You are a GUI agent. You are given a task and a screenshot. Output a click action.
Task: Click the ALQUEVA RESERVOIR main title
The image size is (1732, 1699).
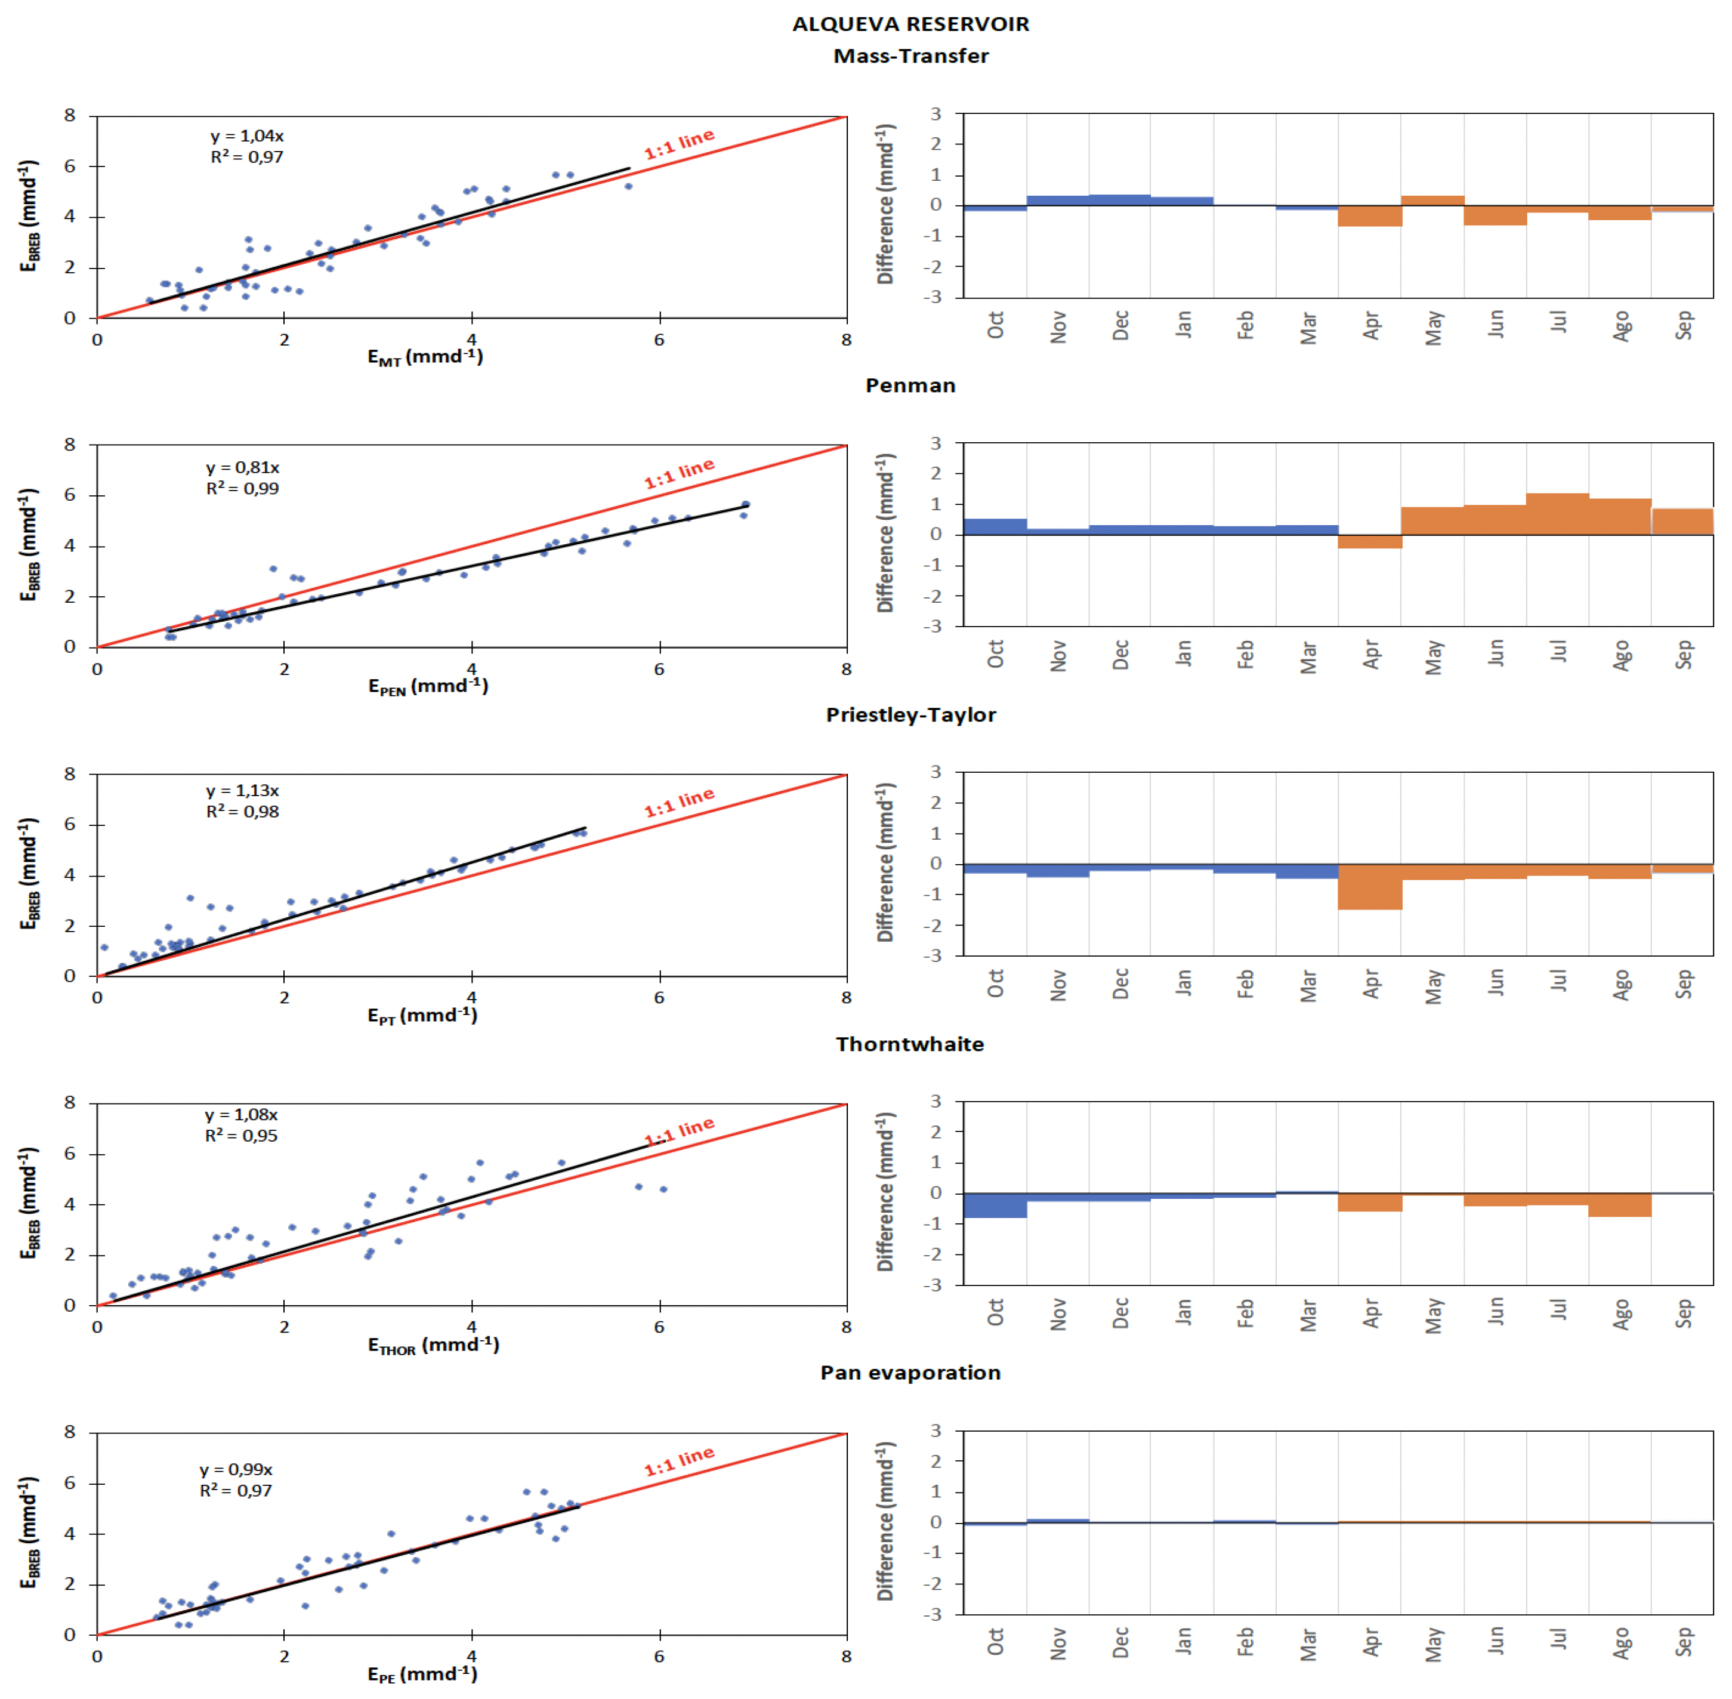tap(910, 24)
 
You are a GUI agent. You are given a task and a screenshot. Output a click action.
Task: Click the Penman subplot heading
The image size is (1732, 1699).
tap(910, 386)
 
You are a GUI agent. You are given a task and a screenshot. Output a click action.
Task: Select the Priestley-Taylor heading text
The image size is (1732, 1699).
tap(910, 715)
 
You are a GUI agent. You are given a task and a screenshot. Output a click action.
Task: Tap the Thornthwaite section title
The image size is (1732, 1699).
tap(910, 1044)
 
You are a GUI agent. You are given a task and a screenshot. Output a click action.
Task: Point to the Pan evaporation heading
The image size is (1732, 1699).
tap(910, 1373)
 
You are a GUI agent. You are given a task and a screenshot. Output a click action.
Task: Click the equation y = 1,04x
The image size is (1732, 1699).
tap(247, 135)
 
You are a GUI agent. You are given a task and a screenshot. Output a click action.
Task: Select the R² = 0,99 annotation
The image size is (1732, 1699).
tap(243, 488)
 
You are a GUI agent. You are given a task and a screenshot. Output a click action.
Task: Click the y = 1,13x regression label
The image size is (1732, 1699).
tap(243, 791)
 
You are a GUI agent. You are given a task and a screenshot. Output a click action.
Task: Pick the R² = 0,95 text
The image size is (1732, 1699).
tap(241, 1136)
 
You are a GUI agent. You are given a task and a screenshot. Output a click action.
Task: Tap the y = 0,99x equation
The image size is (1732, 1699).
tap(236, 1469)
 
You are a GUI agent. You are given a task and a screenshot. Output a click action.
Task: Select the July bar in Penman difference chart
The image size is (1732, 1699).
tap(1557, 514)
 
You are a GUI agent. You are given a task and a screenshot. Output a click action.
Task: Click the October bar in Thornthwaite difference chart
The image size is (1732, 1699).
tap(995, 1205)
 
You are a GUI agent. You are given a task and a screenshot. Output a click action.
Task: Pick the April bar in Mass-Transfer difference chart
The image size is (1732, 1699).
tap(1370, 216)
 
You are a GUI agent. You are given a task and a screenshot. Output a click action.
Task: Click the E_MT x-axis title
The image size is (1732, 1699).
tap(425, 357)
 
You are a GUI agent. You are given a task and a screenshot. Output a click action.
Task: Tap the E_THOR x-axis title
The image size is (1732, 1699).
tap(433, 1345)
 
